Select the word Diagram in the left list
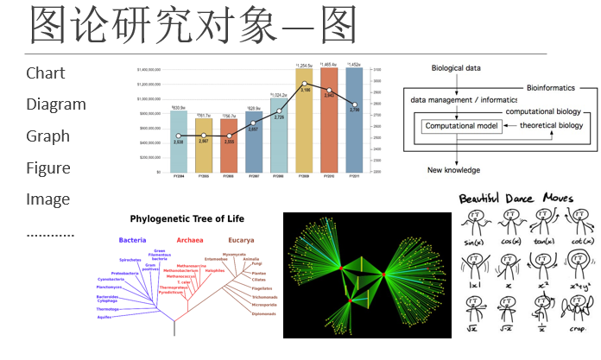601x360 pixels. tap(56, 104)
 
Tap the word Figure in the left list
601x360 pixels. tap(47, 167)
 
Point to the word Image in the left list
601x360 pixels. tap(47, 199)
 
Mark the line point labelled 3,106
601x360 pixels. tap(304, 85)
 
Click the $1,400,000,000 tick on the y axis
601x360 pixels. tap(151, 69)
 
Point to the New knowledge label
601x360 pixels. tap(454, 170)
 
